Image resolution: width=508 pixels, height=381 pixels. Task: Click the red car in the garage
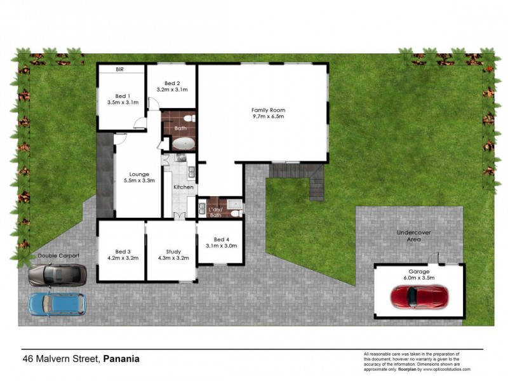click(x=420, y=296)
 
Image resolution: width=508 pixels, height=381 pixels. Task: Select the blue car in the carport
click(x=57, y=304)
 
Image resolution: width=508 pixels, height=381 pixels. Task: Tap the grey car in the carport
click(x=57, y=274)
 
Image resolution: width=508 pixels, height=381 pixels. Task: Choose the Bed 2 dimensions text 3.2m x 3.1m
click(x=172, y=90)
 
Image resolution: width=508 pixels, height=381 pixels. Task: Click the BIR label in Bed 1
click(x=119, y=70)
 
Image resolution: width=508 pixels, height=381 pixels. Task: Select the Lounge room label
click(x=138, y=173)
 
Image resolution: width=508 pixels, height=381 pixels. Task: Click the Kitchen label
click(x=184, y=187)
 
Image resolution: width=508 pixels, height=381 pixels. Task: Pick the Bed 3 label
click(x=123, y=251)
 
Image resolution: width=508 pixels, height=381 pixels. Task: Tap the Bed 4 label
click(x=221, y=239)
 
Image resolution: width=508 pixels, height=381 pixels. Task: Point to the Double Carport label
click(x=56, y=256)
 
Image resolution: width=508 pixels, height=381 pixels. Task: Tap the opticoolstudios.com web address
click(x=450, y=369)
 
